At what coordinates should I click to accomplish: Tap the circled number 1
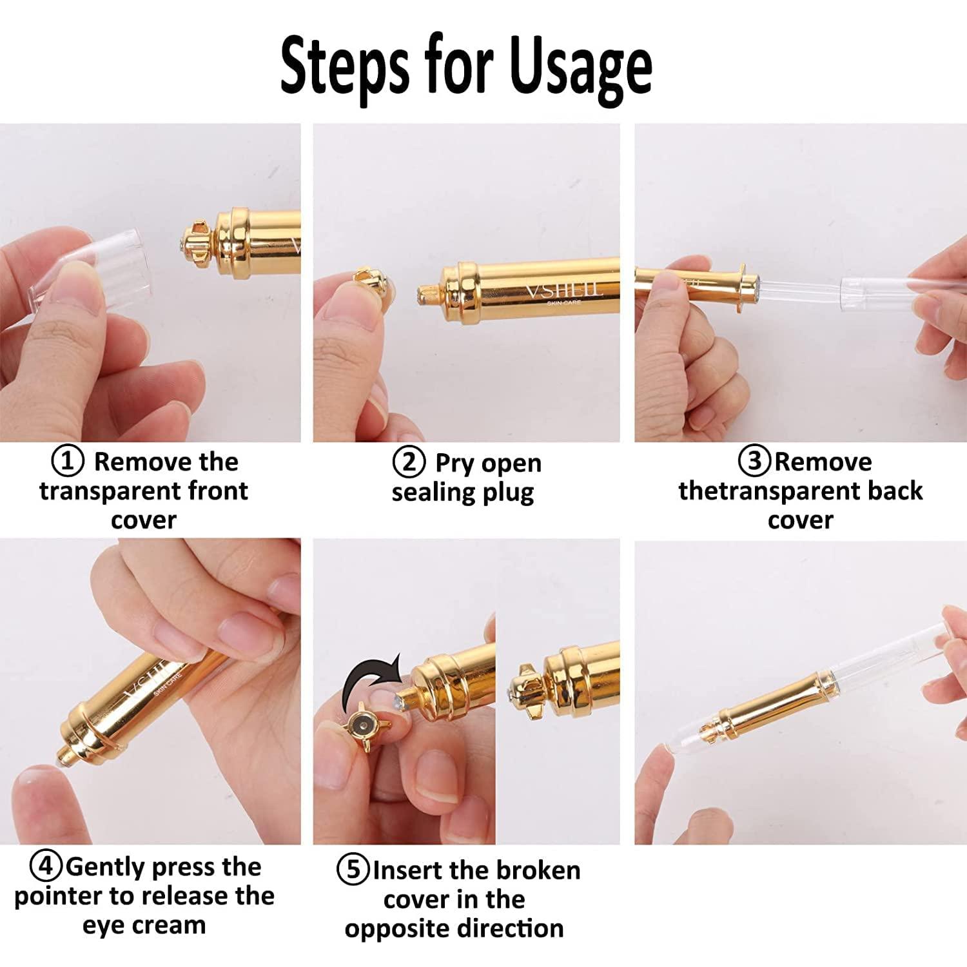(68, 462)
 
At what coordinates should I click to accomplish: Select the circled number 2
(409, 463)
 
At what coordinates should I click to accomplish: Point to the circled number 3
(755, 462)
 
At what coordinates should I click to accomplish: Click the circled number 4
(46, 866)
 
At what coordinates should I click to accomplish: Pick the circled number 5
(353, 870)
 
